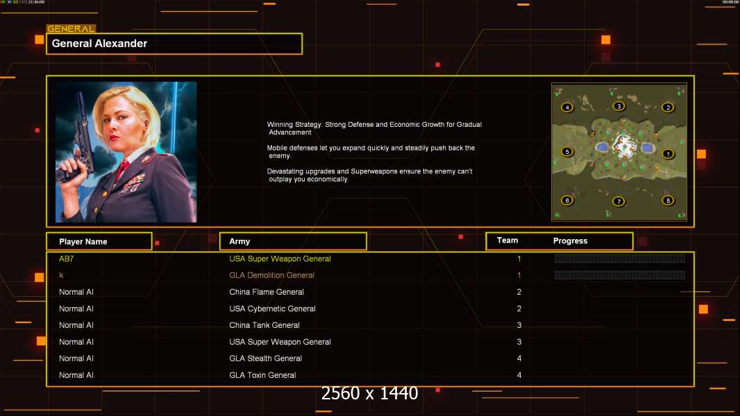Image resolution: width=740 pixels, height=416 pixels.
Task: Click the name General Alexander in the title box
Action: pyautogui.click(x=99, y=44)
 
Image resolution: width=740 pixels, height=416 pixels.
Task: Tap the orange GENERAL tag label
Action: pyautogui.click(x=71, y=28)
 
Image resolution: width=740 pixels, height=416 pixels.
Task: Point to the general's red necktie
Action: pyautogui.click(x=121, y=169)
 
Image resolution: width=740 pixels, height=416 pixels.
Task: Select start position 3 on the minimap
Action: pyautogui.click(x=619, y=106)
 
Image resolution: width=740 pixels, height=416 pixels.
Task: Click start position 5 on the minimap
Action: pyautogui.click(x=566, y=152)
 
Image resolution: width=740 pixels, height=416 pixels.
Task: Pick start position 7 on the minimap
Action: pyautogui.click(x=619, y=202)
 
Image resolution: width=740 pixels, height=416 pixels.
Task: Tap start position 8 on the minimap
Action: pyautogui.click(x=668, y=200)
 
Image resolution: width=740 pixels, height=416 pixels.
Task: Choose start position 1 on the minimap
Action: pyautogui.click(x=668, y=154)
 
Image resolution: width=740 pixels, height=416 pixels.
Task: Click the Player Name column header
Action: pyautogui.click(x=83, y=242)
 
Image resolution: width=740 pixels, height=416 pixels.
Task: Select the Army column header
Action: pyautogui.click(x=239, y=241)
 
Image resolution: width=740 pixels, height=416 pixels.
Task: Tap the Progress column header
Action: pyautogui.click(x=570, y=241)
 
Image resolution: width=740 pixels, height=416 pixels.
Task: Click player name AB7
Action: pyautogui.click(x=66, y=259)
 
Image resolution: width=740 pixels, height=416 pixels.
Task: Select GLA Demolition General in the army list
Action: pyautogui.click(x=271, y=275)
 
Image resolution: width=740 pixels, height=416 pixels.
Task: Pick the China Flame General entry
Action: pyautogui.click(x=266, y=292)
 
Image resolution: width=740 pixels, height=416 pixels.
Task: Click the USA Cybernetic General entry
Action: pyautogui.click(x=272, y=309)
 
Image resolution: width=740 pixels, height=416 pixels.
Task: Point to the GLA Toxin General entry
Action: pyautogui.click(x=262, y=375)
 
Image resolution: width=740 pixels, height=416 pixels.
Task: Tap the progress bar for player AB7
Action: pyautogui.click(x=620, y=258)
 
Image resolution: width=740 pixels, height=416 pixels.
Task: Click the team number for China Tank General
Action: pyautogui.click(x=519, y=325)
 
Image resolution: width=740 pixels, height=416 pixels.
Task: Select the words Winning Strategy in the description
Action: pyautogui.click(x=294, y=124)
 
